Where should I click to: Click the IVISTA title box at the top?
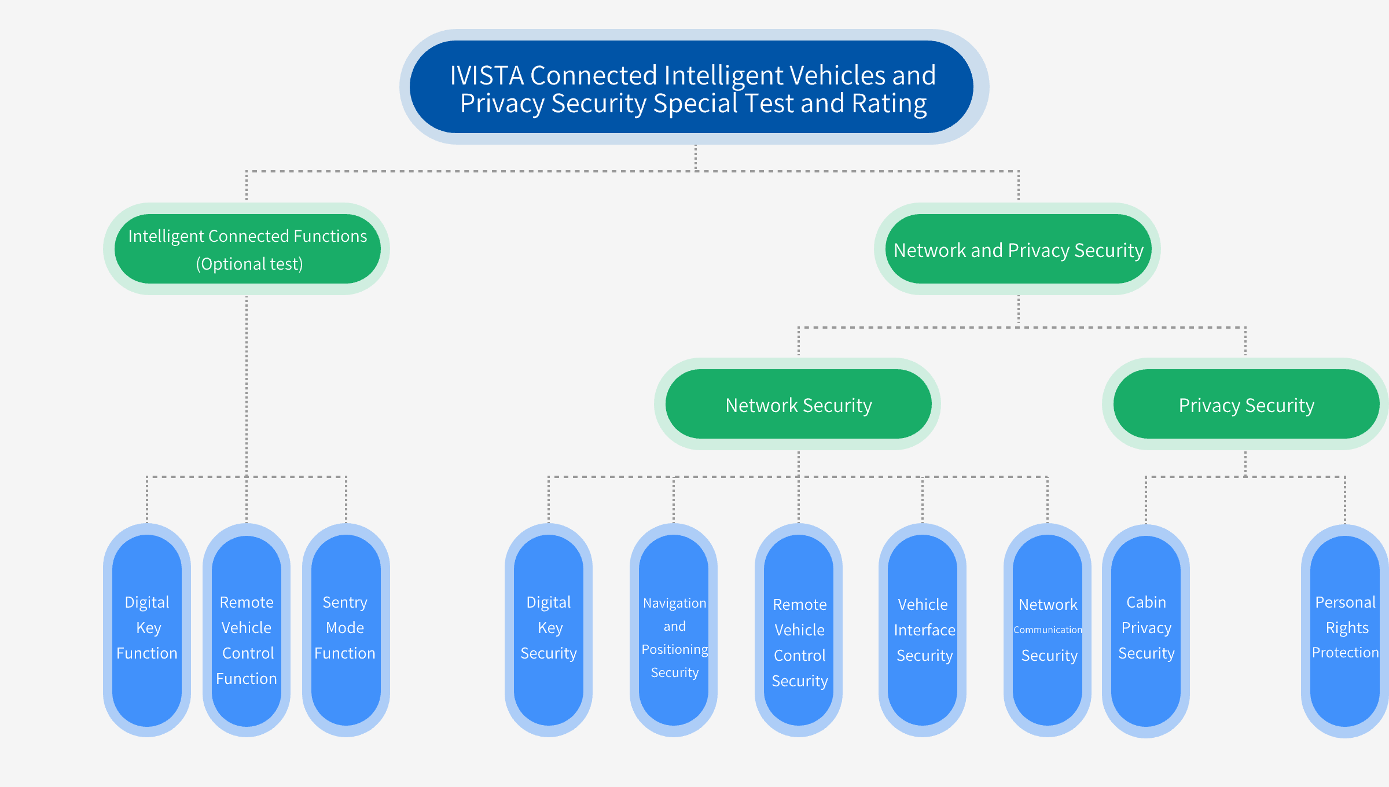(694, 87)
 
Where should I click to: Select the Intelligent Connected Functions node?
(247, 249)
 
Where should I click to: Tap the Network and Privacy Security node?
(1017, 249)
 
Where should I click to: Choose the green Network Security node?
(798, 404)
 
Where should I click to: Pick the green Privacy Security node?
(1245, 404)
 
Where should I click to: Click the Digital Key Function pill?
(147, 630)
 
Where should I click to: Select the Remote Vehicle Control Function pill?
(247, 630)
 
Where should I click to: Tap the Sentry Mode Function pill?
(346, 630)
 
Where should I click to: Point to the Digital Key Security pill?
(549, 630)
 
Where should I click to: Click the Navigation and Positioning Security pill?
(674, 630)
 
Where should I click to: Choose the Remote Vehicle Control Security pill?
(799, 630)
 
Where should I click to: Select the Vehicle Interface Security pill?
(923, 630)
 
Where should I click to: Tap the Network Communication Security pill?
(1048, 630)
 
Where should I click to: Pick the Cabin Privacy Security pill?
(1146, 631)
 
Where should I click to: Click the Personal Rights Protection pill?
(1345, 631)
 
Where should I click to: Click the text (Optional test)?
(249, 264)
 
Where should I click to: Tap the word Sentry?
(345, 602)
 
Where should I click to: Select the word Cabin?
(1146, 602)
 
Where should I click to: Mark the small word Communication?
(1048, 630)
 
